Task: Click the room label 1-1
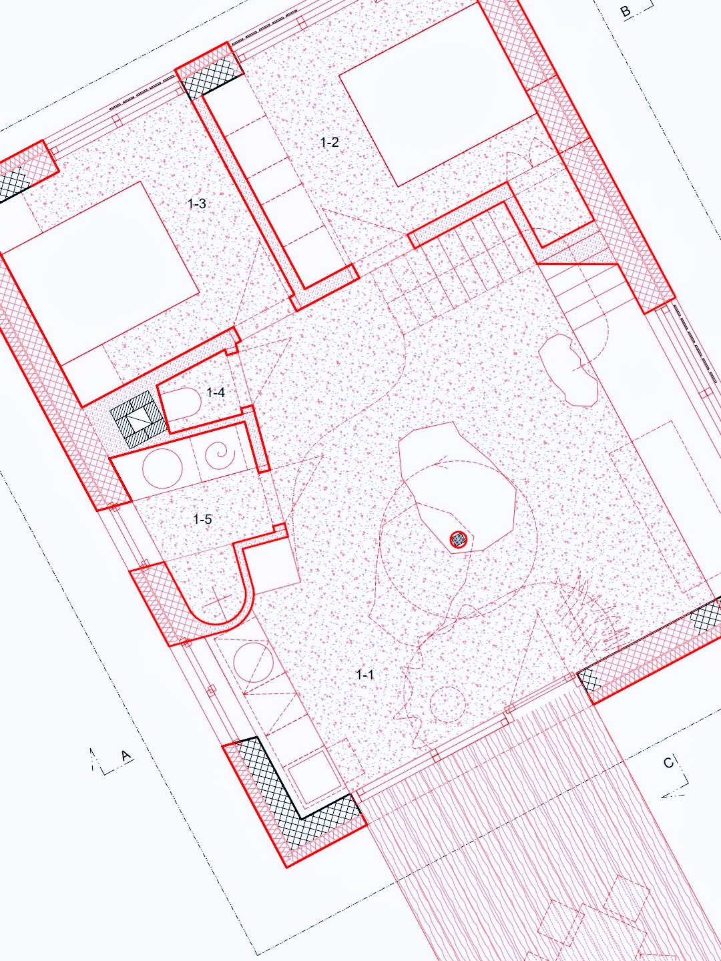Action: click(x=365, y=675)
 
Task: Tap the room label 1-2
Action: click(x=329, y=142)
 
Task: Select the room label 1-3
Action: click(x=196, y=204)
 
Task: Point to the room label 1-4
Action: click(x=216, y=392)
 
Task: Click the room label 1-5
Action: click(x=202, y=519)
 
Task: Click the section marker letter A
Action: click(x=126, y=755)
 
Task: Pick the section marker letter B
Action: click(x=626, y=11)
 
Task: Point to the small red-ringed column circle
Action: click(x=459, y=539)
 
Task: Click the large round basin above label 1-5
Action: click(x=163, y=469)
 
